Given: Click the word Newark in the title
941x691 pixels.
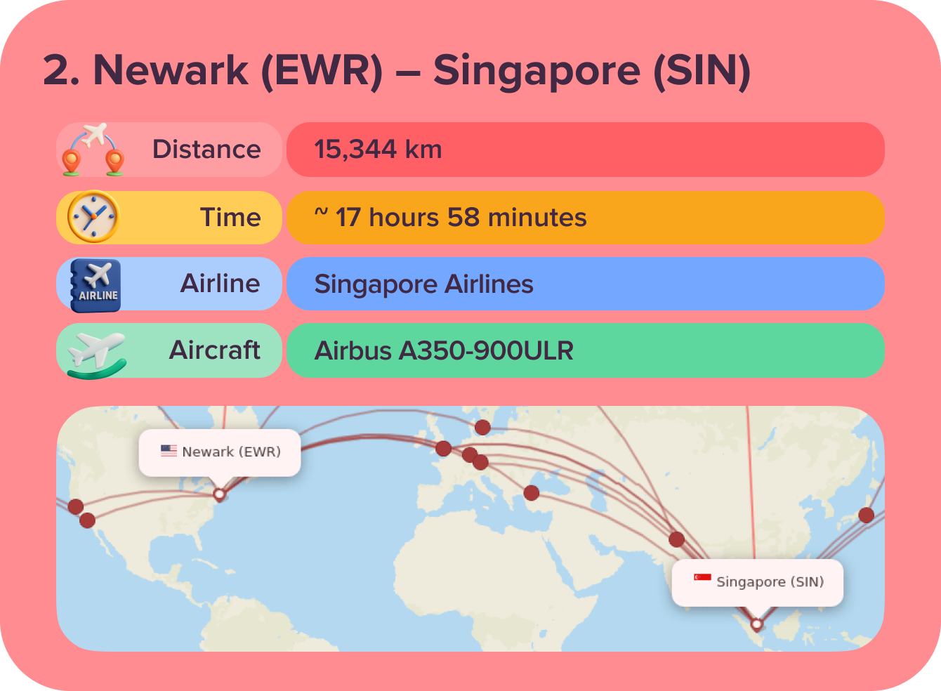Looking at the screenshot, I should pyautogui.click(x=171, y=71).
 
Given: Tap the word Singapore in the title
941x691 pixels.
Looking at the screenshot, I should pyautogui.click(x=537, y=71).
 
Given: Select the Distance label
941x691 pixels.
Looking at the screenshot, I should pyautogui.click(x=206, y=150).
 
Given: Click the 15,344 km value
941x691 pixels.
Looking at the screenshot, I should pyautogui.click(x=378, y=150).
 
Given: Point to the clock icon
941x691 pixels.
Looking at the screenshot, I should pyautogui.click(x=93, y=217).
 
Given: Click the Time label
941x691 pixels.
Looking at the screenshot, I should pyautogui.click(x=230, y=218).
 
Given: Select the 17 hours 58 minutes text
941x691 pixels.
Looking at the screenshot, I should pyautogui.click(x=460, y=218).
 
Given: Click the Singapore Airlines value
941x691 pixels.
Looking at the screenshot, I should pyautogui.click(x=423, y=284).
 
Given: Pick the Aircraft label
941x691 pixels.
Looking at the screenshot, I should pyautogui.click(x=215, y=350).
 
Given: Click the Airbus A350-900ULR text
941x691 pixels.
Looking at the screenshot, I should pyautogui.click(x=444, y=350).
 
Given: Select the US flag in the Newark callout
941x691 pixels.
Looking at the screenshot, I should pyautogui.click(x=169, y=451).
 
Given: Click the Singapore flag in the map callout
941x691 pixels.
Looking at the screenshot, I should pyautogui.click(x=702, y=578).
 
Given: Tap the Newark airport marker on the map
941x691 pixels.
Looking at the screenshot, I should pyautogui.click(x=219, y=494).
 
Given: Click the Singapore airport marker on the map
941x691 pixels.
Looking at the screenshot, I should pyautogui.click(x=756, y=624).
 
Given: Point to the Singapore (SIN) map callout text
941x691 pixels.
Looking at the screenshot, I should pyautogui.click(x=770, y=581).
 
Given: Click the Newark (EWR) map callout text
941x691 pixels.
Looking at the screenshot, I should pyautogui.click(x=231, y=452).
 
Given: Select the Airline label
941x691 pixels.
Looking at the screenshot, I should pyautogui.click(x=221, y=284).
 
